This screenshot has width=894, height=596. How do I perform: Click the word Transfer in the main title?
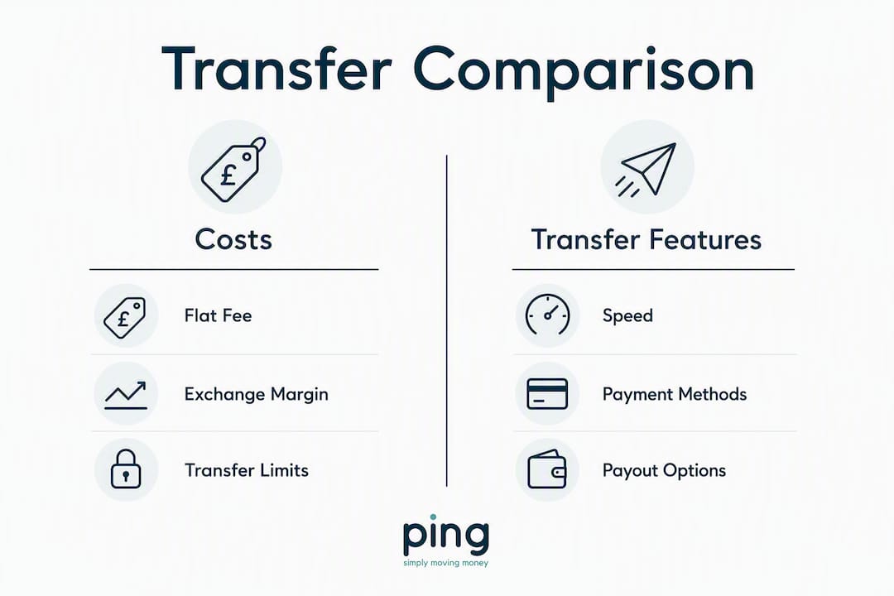coord(276,69)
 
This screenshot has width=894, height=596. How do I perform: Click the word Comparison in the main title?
coord(584,71)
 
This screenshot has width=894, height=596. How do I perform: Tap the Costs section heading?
coord(233,239)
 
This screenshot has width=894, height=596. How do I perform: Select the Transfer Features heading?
coord(646,239)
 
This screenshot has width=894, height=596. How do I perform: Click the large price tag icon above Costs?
coord(233,170)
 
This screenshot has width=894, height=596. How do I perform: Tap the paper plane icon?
coord(646,169)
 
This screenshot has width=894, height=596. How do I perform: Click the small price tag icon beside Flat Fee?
coord(125,317)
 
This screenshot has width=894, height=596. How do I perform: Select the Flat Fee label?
coord(218,316)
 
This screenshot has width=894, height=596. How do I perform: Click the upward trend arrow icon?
coord(126,395)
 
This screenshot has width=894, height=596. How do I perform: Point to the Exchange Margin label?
coord(256,395)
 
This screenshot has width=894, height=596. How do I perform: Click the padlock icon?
coord(126,469)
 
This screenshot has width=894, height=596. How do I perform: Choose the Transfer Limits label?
coord(247,470)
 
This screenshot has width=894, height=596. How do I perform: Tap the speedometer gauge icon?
coord(547,315)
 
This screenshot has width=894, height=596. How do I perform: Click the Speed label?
coord(627,316)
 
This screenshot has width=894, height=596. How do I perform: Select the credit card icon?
coord(547,394)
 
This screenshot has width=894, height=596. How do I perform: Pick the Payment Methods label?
coord(675,395)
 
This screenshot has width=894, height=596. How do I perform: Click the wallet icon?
coord(547,469)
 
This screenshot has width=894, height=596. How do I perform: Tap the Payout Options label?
coord(664,471)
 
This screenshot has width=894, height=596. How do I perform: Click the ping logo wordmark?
coord(446,536)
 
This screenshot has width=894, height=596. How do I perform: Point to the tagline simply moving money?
coord(446,564)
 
